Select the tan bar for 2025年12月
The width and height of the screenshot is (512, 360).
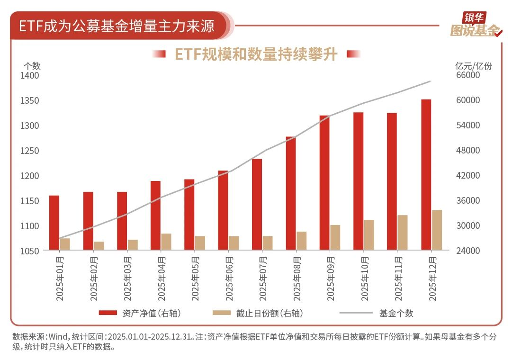coord(436,230)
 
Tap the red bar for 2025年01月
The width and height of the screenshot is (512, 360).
coord(54,223)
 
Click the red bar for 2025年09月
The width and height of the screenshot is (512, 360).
coord(324,182)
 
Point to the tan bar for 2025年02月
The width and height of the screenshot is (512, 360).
coord(99,246)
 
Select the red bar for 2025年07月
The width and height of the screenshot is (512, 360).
coord(257,204)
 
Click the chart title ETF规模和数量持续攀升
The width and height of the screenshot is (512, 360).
coord(256,54)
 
